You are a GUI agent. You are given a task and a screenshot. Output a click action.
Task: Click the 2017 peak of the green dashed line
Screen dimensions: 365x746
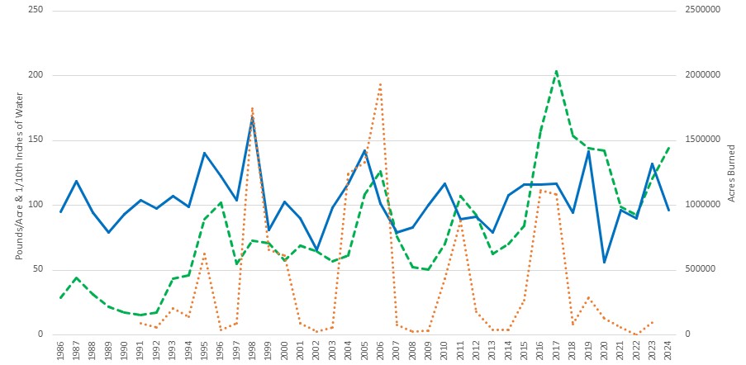pos(556,71)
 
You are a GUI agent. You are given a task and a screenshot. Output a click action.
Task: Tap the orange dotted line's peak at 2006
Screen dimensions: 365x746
pos(380,83)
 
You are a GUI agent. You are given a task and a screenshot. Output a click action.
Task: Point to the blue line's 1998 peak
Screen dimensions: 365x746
pos(252,117)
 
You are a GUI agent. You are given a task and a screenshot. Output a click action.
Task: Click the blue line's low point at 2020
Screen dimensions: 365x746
pos(604,263)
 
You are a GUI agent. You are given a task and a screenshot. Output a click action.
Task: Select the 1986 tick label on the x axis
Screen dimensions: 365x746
pos(60,348)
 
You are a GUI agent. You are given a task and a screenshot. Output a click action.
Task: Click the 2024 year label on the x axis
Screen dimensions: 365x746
pos(668,348)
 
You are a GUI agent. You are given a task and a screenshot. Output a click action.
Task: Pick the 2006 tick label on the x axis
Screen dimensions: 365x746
pos(380,348)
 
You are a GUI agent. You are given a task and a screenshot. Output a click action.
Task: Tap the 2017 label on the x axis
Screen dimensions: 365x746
pos(556,348)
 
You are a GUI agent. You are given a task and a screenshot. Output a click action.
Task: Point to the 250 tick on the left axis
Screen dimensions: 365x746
pos(36,11)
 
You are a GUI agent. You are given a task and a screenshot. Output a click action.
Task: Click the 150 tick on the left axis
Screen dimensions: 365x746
pos(36,140)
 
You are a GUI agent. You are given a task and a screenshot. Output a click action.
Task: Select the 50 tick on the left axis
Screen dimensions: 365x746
pos(38,270)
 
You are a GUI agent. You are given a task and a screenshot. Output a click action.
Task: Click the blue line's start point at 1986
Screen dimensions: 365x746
pos(60,212)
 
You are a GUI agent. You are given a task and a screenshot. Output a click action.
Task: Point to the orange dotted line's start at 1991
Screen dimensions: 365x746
pos(140,322)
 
